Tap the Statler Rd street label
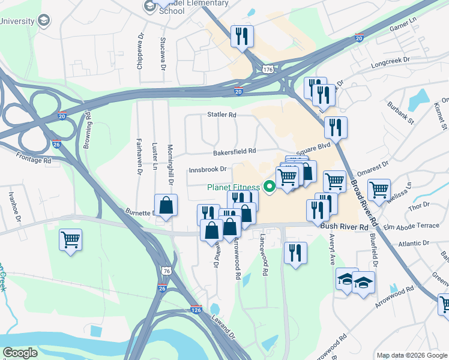[222, 114]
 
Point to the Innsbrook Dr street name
[207, 169]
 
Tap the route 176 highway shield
[268, 70]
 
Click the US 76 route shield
[163, 271]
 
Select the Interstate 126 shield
[196, 310]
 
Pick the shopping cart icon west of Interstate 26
[71, 240]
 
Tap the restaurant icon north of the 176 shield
[243, 36]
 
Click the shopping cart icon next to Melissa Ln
[379, 190]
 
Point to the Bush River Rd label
[344, 227]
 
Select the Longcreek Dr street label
[390, 60]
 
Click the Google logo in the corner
[20, 353]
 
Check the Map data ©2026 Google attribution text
[412, 355]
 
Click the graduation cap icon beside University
[44, 21]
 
